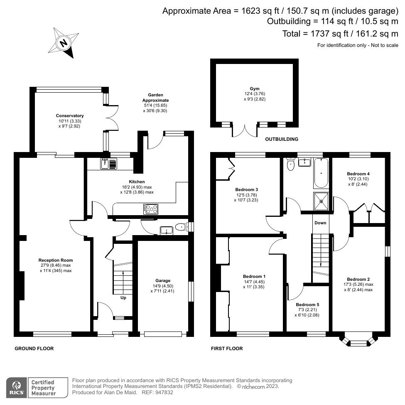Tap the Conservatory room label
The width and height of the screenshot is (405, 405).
(x=70, y=116)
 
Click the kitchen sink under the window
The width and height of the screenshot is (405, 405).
(x=109, y=164)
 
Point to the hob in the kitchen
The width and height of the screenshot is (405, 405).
(x=151, y=209)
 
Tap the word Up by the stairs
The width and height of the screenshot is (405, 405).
(x=123, y=298)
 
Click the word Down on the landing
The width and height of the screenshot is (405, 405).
(x=320, y=223)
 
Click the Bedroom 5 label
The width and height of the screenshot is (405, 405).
(x=307, y=304)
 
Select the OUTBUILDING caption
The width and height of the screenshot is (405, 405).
(x=282, y=140)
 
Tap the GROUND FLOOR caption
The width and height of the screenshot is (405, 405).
(x=34, y=349)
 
